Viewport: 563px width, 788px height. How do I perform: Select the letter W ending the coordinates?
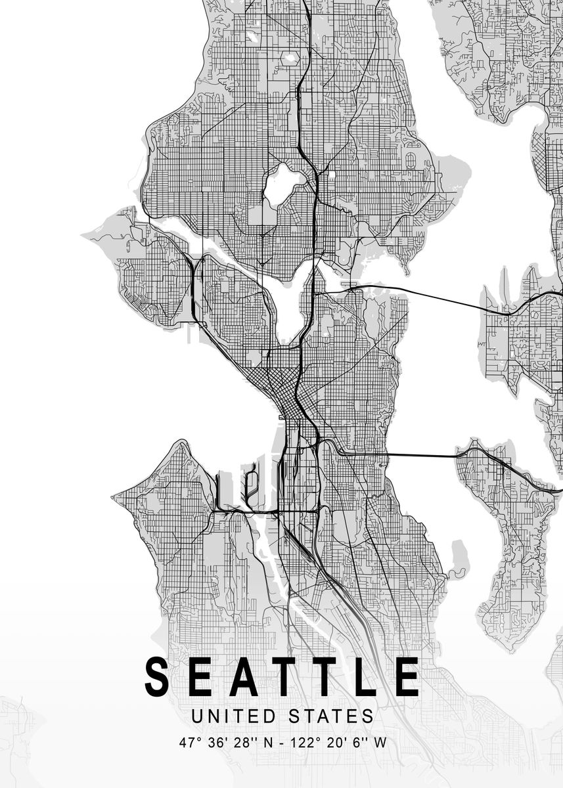click(379, 743)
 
